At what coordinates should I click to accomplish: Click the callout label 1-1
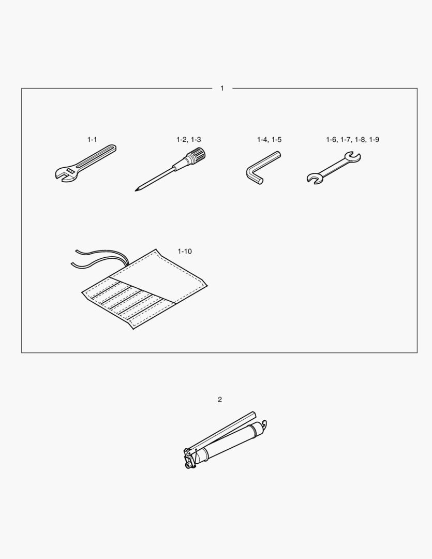click(92, 140)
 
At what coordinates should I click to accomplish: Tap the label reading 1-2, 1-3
click(188, 140)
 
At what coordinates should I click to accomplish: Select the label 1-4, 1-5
click(269, 140)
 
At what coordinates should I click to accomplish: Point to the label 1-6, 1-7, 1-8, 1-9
click(352, 140)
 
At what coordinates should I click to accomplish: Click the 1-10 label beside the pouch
click(185, 252)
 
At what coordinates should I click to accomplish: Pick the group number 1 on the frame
click(222, 89)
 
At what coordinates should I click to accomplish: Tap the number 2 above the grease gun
click(220, 400)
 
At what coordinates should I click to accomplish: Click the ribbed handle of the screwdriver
click(197, 155)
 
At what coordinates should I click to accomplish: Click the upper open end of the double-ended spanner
click(353, 156)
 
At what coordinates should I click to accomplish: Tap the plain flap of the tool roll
click(166, 277)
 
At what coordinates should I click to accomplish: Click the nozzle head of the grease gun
click(188, 461)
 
